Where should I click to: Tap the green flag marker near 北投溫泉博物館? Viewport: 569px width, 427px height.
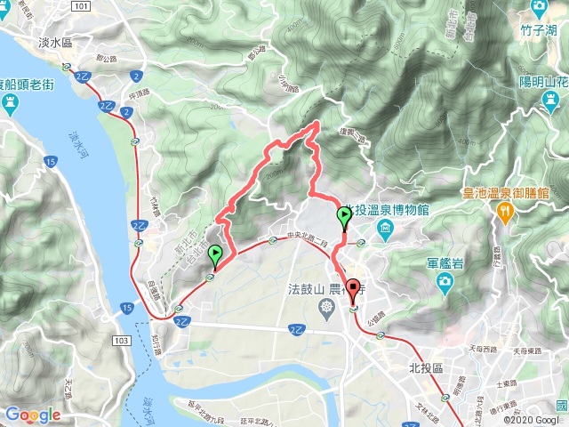click(344, 216)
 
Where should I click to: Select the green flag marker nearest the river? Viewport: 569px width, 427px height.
click(215, 256)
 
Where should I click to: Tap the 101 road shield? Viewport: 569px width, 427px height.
click(81, 5)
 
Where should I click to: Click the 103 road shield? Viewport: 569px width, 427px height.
click(122, 340)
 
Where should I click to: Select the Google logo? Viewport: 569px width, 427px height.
click(32, 415)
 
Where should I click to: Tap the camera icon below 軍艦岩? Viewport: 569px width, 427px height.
click(444, 283)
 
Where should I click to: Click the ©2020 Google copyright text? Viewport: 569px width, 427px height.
click(532, 419)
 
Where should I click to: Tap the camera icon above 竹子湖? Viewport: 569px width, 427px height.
click(539, 8)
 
